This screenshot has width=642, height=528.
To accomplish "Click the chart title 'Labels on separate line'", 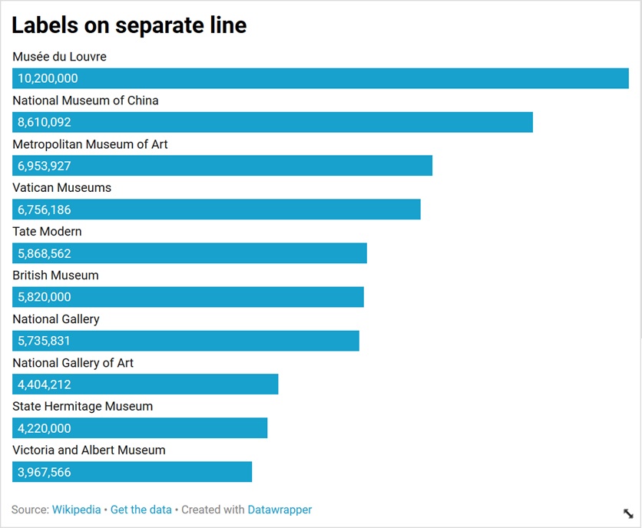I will pos(129,25).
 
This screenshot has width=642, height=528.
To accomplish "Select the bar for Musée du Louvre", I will pos(320,78).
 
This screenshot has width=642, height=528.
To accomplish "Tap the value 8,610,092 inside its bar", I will pos(44,122).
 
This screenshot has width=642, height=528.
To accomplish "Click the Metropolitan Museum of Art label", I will pos(90,144).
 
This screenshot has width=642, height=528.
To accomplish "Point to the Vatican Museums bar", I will pos(217,210).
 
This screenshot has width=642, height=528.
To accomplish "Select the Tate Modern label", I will pos(47,232).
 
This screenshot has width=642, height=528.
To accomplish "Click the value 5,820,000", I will pos(44,297).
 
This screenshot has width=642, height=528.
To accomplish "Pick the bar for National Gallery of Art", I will pos(145,384).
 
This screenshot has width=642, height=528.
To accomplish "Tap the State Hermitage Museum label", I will pos(82,407).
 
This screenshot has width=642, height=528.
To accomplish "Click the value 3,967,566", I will pos(44,472).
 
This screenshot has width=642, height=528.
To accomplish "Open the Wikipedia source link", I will pos(76,510).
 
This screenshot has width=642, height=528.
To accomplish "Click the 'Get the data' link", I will pos(141,510).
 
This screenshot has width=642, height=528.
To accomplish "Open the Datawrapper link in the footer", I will pos(280,510).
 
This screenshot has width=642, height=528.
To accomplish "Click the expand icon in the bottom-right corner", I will pos(627,513).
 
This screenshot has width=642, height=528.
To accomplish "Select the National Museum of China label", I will pos(85,101).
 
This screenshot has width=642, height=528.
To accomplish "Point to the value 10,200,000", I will pos(48,78).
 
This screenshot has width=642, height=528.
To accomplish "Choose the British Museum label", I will pos(55,276).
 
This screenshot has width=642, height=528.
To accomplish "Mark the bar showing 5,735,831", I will pos(186,341).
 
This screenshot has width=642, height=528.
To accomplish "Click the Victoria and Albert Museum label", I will pos(88,450).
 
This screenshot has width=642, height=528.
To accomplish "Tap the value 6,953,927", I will pos(44,166).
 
